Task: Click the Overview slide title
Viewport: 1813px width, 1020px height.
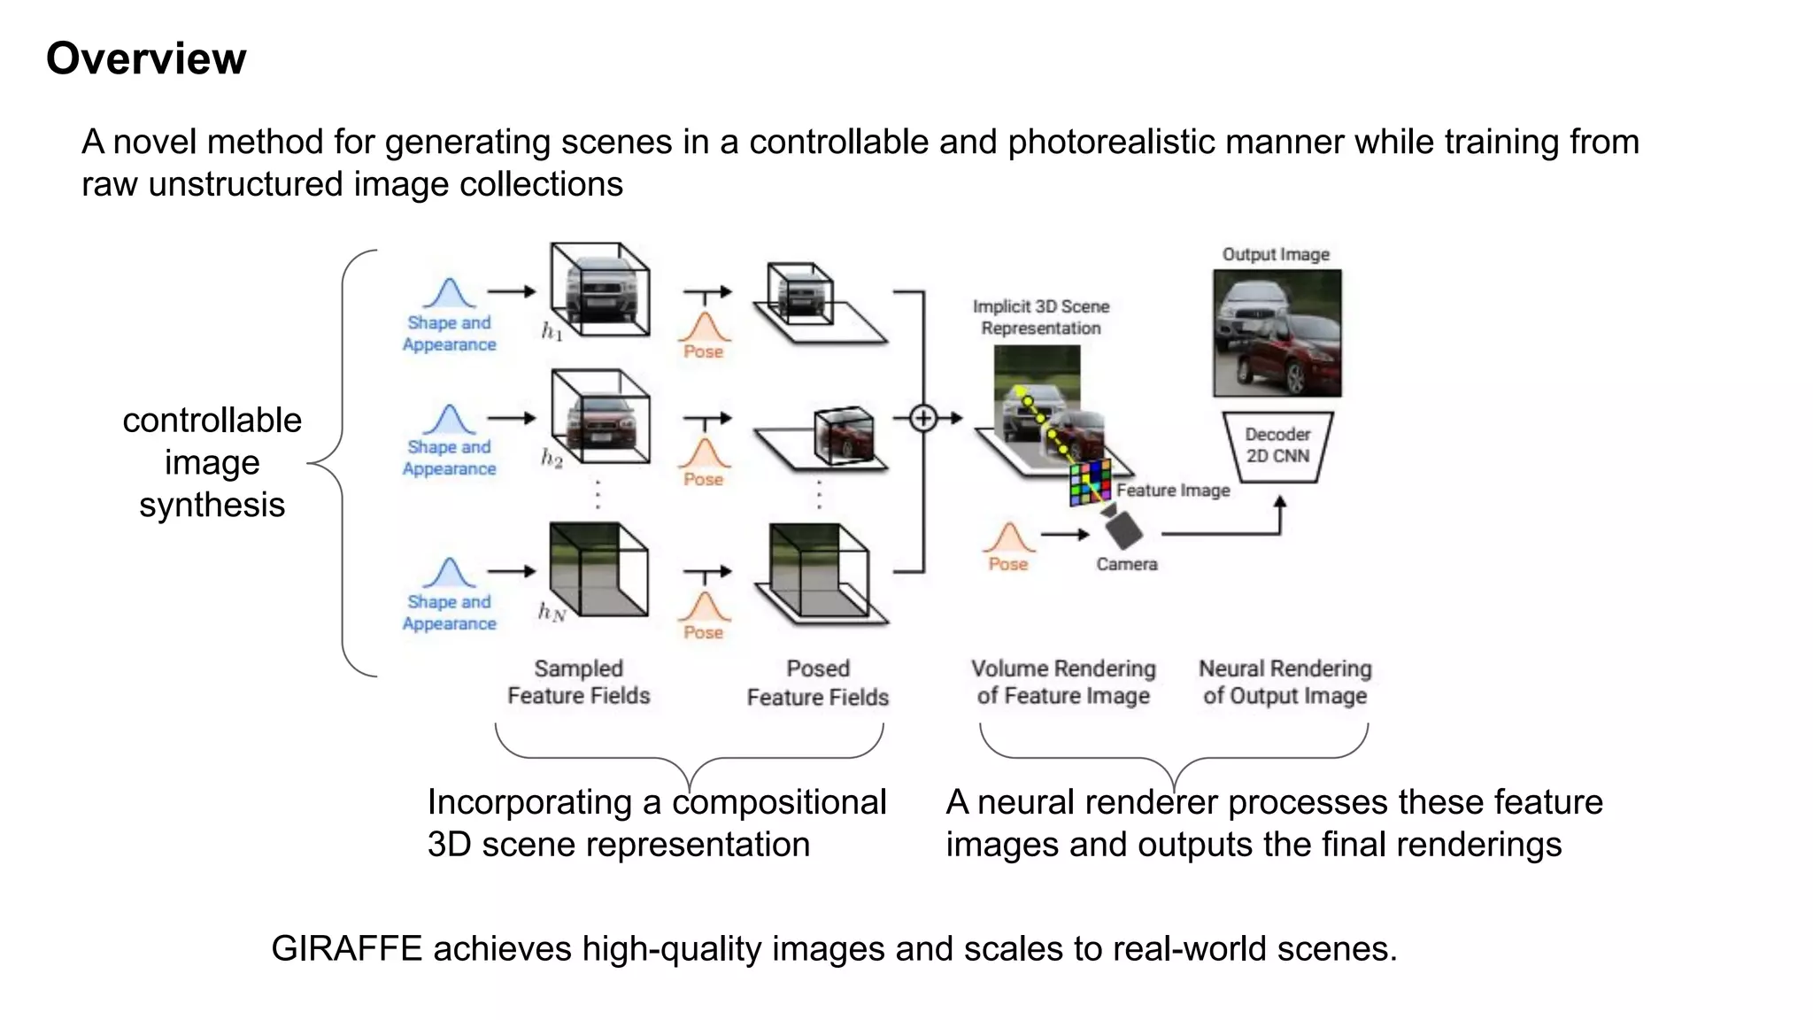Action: click(146, 58)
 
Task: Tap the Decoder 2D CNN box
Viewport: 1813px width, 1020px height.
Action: click(1277, 445)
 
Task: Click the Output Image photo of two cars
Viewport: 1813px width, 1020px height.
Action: click(1277, 333)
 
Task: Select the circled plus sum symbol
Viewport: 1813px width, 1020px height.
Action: click(923, 418)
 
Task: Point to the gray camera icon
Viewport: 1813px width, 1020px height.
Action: click(1123, 529)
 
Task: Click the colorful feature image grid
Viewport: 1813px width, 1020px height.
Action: click(1090, 483)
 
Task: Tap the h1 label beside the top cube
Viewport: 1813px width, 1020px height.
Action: click(552, 332)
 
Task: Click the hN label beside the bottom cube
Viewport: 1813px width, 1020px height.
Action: click(552, 612)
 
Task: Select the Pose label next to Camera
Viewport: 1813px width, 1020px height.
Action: click(1007, 564)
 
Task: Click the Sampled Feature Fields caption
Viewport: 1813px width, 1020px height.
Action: click(578, 682)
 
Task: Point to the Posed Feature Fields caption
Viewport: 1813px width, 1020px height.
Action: click(817, 683)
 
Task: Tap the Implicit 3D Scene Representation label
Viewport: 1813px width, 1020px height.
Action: click(1040, 317)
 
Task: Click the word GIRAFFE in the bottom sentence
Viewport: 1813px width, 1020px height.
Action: click(346, 948)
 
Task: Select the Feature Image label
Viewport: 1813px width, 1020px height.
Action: click(1173, 491)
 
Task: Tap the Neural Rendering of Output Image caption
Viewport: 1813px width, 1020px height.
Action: click(1285, 682)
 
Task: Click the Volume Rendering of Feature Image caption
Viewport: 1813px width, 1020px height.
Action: click(1063, 682)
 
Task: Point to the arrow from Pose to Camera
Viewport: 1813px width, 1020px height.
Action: click(1065, 534)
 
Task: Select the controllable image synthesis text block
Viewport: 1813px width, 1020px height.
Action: click(212, 462)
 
